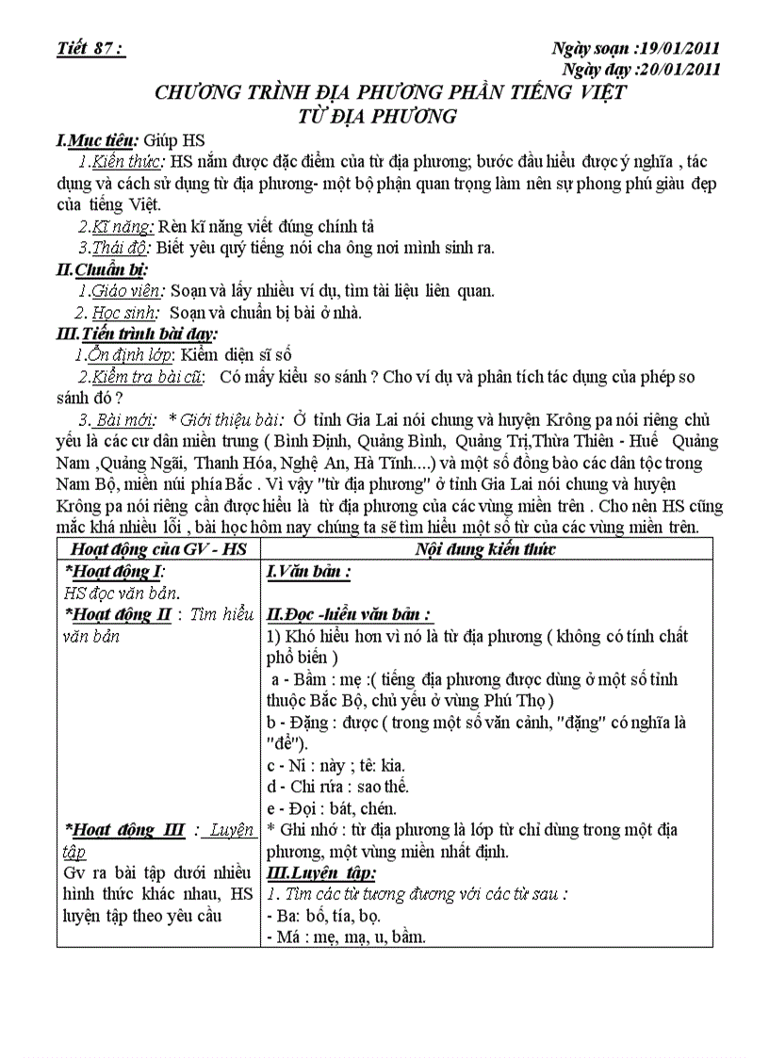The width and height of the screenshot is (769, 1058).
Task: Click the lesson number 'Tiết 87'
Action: pos(90,50)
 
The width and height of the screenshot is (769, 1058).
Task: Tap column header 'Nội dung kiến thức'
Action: pos(484,549)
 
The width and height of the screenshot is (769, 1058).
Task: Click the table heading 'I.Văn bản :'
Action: pos(309,571)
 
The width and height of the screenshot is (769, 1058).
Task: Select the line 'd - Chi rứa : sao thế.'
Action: pos(337,786)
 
